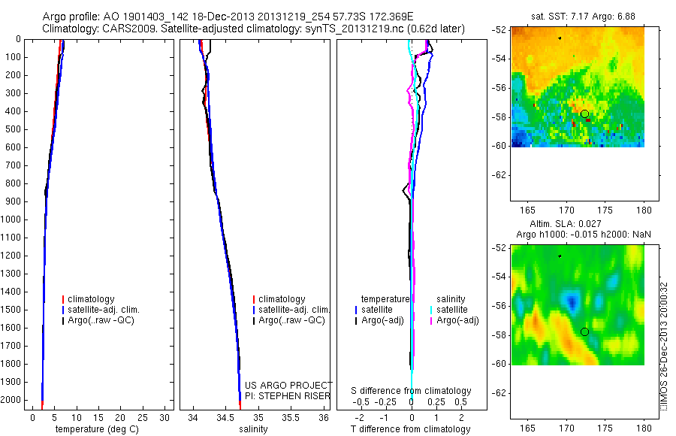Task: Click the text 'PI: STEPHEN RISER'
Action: pos(288,395)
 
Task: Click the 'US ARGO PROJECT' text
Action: pos(288,386)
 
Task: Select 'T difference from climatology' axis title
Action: pos(410,429)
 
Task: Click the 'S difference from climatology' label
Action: pos(411,391)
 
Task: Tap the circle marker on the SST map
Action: pos(584,114)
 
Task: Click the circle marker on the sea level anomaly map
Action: pos(584,332)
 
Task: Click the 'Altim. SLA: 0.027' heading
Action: pos(577,226)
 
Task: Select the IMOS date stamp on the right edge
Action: pos(665,343)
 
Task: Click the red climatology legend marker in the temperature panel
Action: pos(63,299)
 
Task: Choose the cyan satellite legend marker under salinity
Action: pos(432,310)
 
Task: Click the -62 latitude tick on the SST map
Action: pos(499,174)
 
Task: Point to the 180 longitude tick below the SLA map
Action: pos(644,428)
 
